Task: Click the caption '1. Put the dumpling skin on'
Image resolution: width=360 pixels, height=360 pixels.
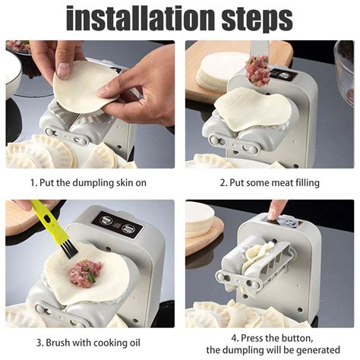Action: [x=90, y=182]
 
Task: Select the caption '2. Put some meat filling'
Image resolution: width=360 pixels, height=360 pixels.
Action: [x=270, y=182]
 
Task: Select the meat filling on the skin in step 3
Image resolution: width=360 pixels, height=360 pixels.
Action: [x=85, y=271]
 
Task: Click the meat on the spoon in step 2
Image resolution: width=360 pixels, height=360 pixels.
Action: [x=257, y=70]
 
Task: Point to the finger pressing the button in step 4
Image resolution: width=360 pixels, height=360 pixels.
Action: [x=278, y=209]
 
